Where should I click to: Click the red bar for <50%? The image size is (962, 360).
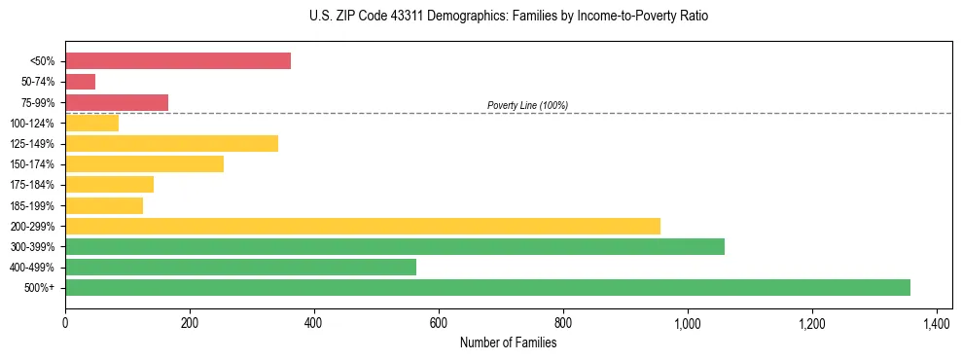pos(178,61)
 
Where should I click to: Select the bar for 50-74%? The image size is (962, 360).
pos(80,82)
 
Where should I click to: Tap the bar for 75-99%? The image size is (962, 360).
pos(117,102)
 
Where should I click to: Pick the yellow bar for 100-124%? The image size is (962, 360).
pos(91,123)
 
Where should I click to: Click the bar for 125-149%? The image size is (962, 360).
pos(171,144)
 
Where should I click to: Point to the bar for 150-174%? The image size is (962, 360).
pos(144,164)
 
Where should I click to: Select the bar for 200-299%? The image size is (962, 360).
pos(363,226)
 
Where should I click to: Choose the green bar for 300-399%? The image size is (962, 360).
pos(395,246)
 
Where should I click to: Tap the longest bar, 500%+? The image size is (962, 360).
pos(487,287)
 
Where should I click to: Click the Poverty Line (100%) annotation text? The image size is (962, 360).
pos(527,105)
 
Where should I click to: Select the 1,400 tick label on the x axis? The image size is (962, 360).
pos(936,323)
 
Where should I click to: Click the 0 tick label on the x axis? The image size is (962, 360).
pos(65,323)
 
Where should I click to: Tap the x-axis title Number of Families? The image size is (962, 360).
pos(509,342)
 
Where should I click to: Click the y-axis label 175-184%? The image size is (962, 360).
pos(32,185)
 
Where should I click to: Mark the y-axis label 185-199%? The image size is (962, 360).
pos(32,205)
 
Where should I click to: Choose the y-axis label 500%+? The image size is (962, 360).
pos(40,288)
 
